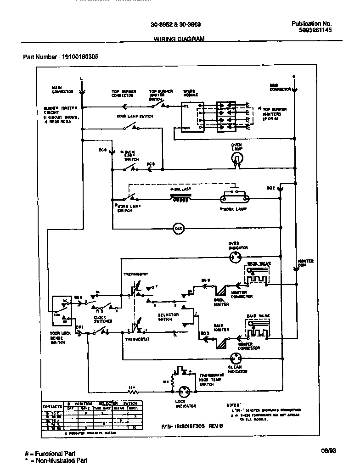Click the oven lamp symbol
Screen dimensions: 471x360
pos(236,158)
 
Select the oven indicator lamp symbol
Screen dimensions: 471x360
pos(236,257)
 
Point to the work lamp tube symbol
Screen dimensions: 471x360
pos(234,199)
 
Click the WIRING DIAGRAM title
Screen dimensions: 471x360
pos(179,39)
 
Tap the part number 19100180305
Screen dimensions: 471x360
pos(61,57)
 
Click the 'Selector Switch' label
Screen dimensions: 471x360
pos(168,317)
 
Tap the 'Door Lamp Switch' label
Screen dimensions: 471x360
pos(134,117)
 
